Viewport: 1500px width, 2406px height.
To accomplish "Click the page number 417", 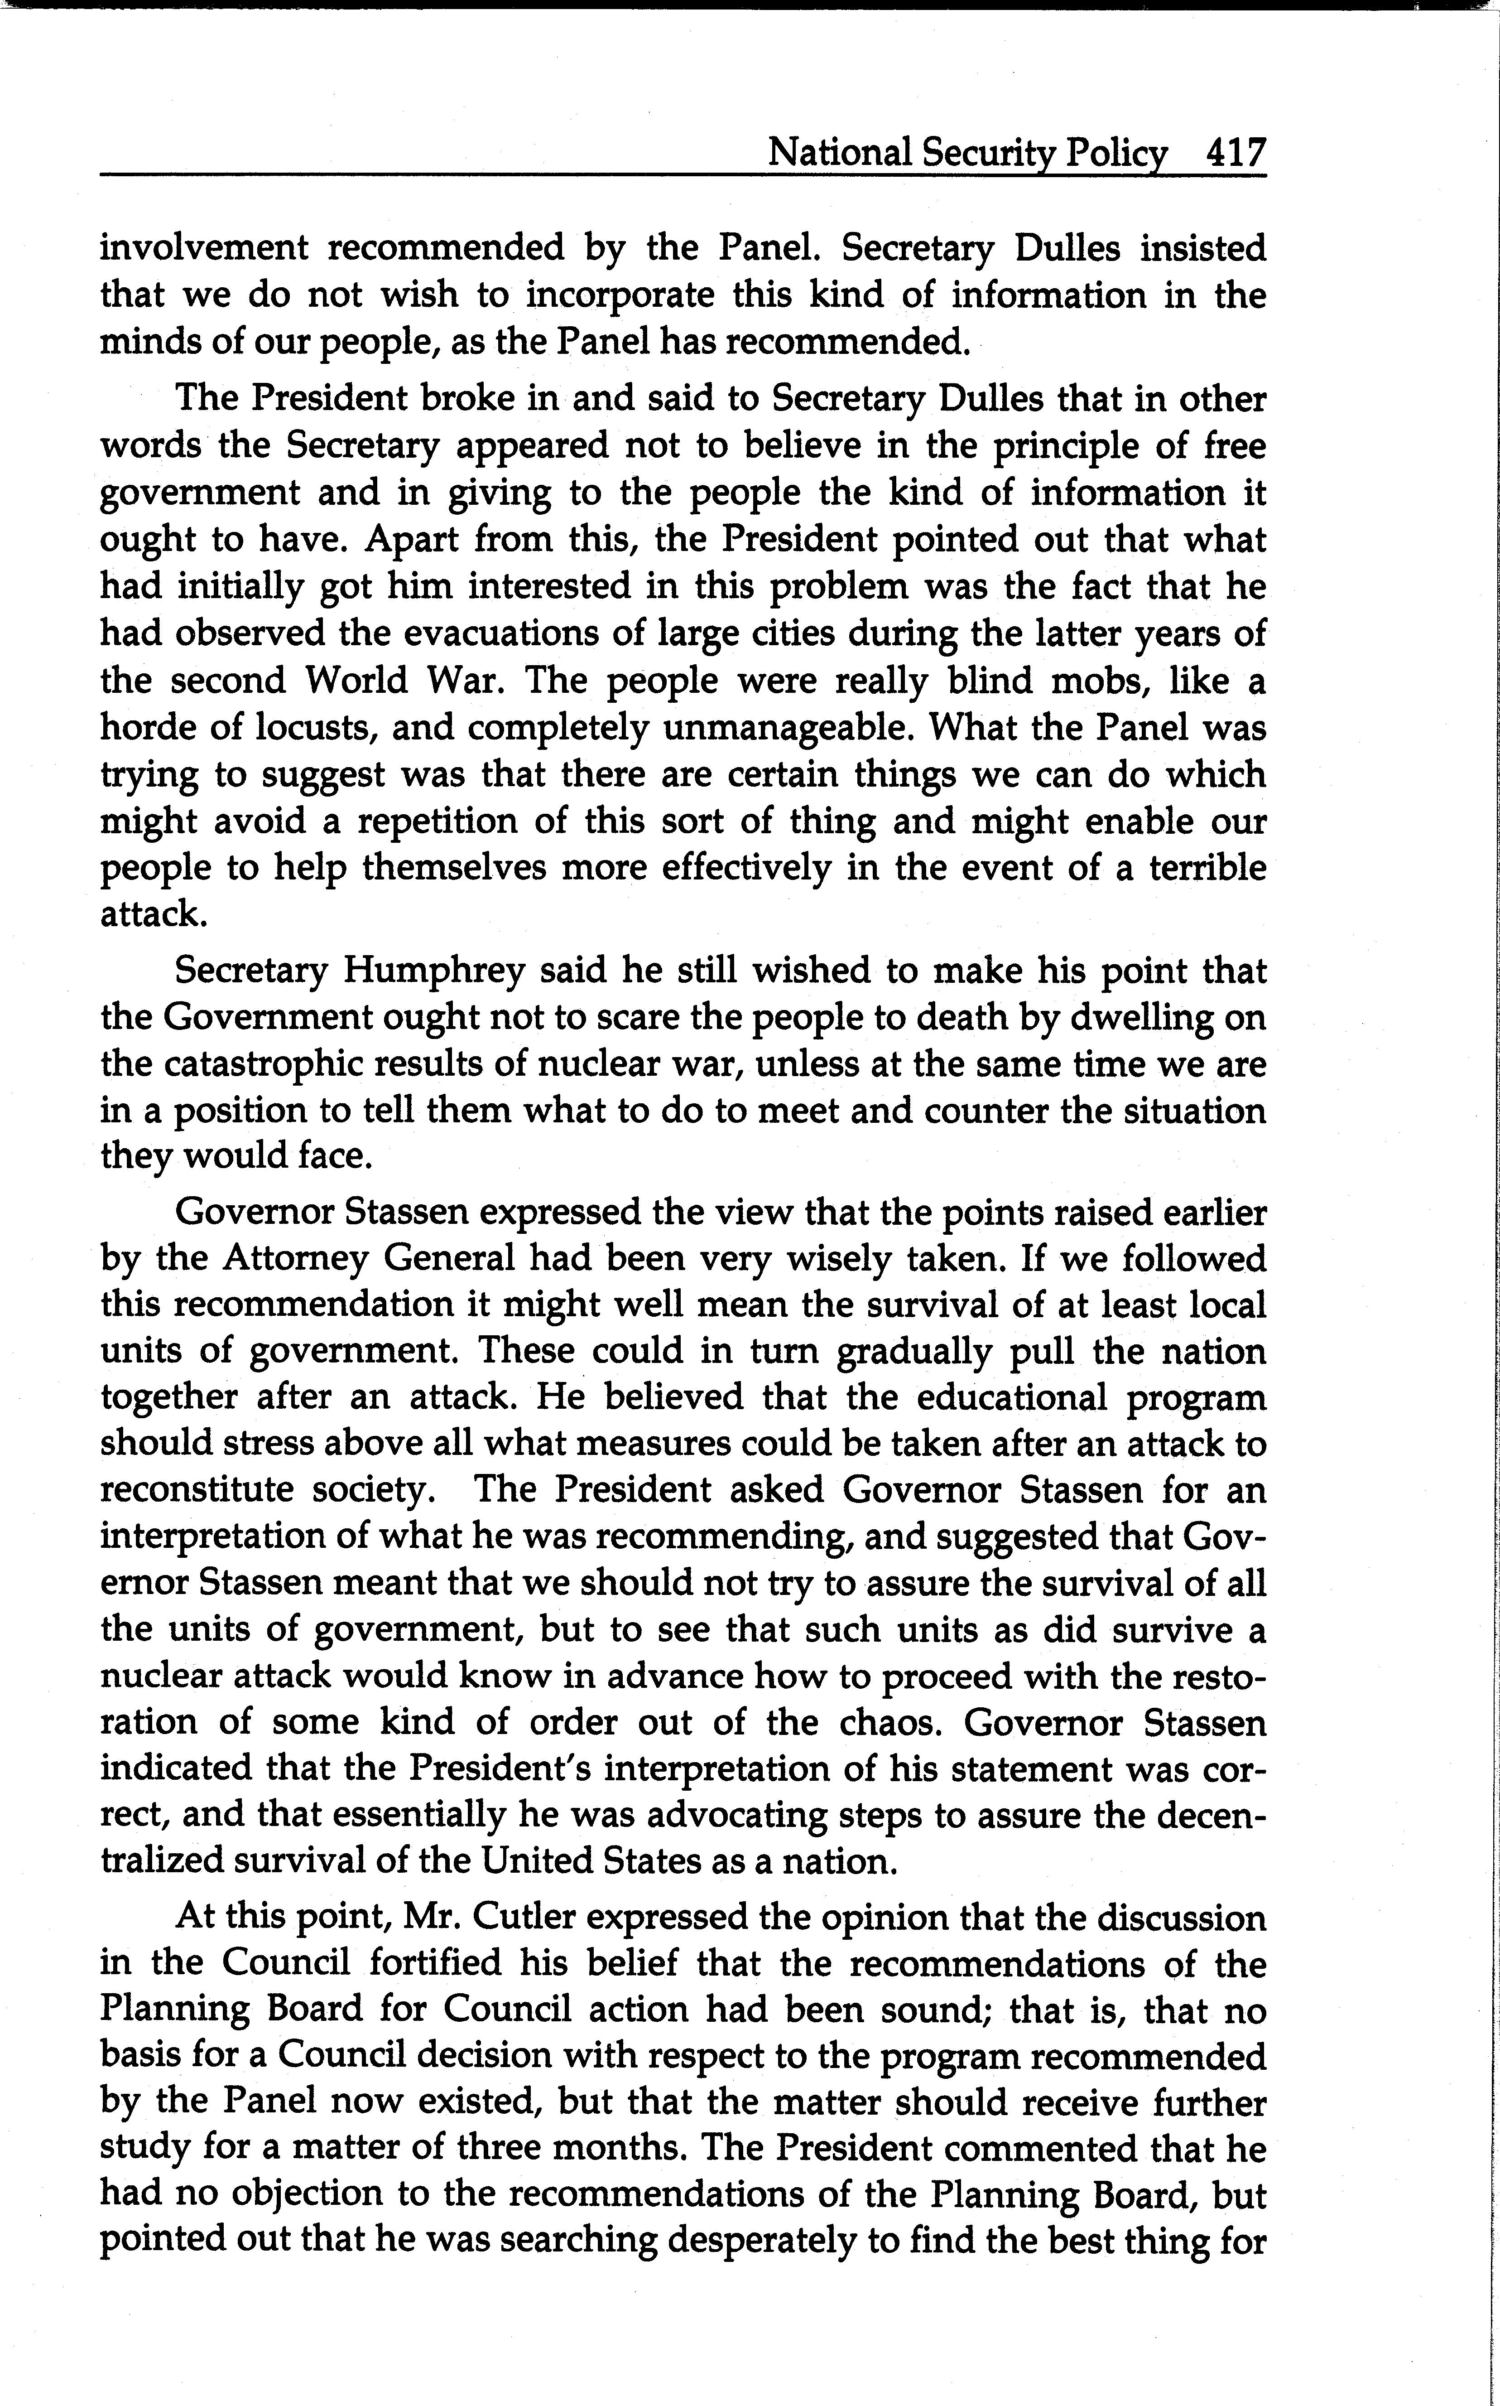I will (1235, 154).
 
